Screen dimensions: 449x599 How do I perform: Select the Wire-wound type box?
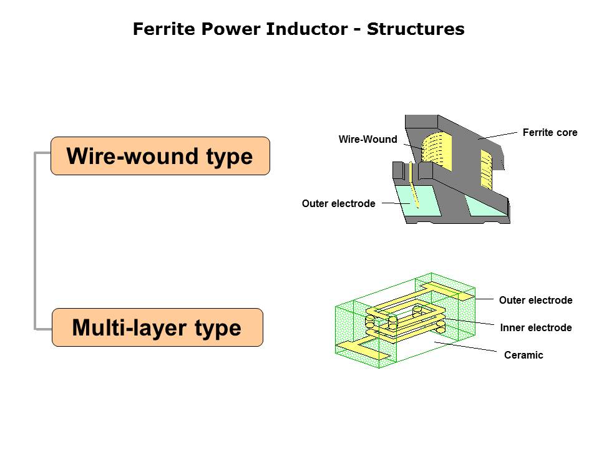point(160,156)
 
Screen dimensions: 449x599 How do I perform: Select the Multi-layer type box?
point(157,327)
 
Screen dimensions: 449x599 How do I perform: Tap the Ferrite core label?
point(550,133)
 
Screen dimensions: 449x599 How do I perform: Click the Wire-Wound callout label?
point(368,140)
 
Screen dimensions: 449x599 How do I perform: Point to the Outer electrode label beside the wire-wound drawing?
point(338,204)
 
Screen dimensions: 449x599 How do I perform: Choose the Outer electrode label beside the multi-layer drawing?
point(535,301)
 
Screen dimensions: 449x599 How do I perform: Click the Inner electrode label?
point(535,328)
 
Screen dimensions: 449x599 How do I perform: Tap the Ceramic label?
point(524,355)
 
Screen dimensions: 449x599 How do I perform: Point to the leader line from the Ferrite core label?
point(499,135)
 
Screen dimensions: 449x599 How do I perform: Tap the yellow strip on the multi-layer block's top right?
point(447,289)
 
